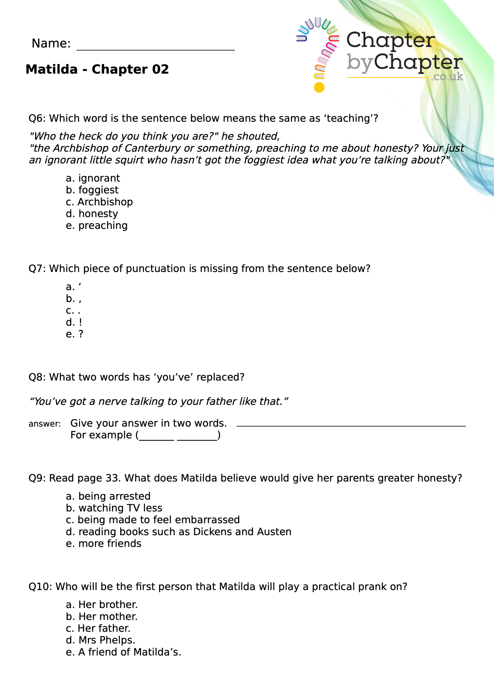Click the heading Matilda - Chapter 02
97,69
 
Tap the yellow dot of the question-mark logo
319,87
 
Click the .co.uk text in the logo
447,77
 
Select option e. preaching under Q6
97,226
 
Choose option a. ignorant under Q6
93,178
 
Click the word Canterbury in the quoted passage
151,148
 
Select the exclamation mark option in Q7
74,322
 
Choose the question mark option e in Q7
74,334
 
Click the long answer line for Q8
351,426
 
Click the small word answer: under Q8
45,424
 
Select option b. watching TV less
114,508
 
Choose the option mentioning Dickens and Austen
179,532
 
